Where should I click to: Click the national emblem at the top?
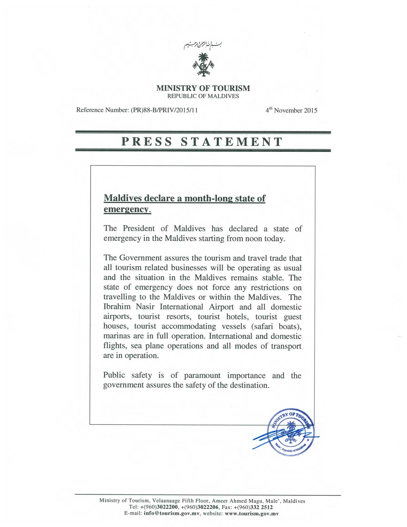coord(203,65)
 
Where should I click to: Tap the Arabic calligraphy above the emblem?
coord(203,46)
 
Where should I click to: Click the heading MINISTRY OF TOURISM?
coord(203,88)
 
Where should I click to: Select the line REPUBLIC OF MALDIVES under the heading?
coord(203,96)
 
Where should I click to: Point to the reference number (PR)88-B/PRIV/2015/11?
coord(164,110)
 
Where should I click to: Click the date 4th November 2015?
coord(291,110)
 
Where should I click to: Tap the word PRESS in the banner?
coord(147,141)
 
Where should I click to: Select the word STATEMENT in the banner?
coord(232,141)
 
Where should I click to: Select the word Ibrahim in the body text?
coord(117,307)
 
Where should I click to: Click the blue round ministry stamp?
coord(291,432)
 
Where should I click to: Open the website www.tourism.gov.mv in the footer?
coord(252,514)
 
